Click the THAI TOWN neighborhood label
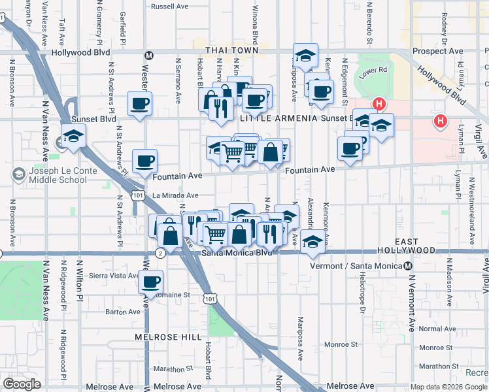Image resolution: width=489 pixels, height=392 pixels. [x=231, y=50]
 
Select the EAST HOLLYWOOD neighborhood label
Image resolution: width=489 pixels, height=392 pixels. [x=406, y=246]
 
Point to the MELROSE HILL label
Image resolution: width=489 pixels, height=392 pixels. [x=168, y=337]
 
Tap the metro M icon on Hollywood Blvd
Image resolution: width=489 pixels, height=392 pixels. [x=149, y=55]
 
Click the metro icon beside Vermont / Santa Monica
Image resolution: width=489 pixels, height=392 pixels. [x=408, y=266]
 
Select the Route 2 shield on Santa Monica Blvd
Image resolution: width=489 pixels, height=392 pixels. [x=160, y=252]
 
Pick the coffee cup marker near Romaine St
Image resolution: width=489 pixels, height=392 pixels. [x=151, y=283]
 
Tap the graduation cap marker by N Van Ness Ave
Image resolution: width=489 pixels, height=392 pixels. [x=74, y=137]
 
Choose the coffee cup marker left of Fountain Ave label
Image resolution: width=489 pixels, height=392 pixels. [x=144, y=161]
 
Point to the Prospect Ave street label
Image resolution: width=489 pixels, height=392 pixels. [x=437, y=51]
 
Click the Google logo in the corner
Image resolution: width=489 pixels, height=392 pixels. [x=22, y=384]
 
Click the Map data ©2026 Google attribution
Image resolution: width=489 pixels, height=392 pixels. [x=448, y=387]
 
